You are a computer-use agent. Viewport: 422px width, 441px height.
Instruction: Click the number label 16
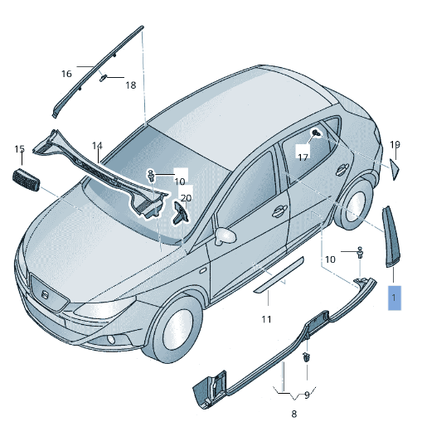point(66,74)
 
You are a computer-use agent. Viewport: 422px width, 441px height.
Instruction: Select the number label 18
point(130,85)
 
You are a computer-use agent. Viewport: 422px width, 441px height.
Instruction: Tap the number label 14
point(97,146)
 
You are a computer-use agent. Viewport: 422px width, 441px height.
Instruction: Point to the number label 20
point(186,197)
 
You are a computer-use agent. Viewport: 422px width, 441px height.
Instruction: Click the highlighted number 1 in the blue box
point(395,296)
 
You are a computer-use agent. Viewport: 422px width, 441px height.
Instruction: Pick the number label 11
point(266,319)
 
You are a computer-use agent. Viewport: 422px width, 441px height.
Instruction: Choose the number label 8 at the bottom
point(293,413)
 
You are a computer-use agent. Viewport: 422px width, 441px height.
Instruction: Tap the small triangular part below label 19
point(395,168)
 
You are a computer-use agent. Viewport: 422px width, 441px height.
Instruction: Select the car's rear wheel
point(354,206)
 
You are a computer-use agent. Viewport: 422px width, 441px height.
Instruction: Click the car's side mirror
point(223,237)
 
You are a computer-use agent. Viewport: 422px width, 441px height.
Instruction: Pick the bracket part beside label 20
point(180,215)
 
